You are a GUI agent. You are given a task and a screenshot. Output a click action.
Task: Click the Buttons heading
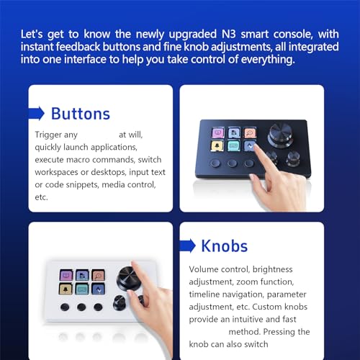point(81,114)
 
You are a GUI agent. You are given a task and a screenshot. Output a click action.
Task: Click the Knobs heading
point(225,246)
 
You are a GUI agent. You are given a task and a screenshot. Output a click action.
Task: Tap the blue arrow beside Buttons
point(37,113)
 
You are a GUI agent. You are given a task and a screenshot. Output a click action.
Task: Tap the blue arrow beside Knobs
point(188,246)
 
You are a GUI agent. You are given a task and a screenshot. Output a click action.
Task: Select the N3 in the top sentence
point(229,34)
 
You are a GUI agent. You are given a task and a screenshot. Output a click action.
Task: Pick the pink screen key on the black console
point(218,132)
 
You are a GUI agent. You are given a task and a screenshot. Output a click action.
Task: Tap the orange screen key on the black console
point(250,132)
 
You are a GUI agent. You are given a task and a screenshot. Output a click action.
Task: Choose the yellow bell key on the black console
point(217,145)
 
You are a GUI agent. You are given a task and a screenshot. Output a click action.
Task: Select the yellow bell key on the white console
point(66,289)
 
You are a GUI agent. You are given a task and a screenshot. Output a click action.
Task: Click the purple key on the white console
point(66,275)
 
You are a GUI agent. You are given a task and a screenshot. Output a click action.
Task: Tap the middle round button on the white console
point(81,307)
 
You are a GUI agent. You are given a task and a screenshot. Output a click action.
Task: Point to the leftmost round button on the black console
point(215,163)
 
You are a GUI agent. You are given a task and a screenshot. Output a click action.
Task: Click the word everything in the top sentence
point(268,59)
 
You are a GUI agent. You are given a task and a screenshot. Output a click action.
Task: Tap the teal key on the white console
point(82,289)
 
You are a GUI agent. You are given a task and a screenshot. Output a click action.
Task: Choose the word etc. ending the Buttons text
point(41,197)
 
